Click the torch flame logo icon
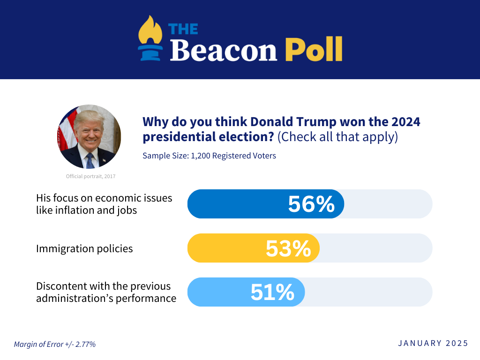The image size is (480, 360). click(150, 37)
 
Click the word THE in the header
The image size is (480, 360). click(183, 29)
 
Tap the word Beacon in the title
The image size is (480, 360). click(224, 50)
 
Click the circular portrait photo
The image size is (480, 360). click(89, 136)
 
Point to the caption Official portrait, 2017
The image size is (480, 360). click(90, 176)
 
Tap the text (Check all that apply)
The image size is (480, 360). click(337, 137)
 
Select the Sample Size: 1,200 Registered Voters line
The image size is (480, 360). click(209, 156)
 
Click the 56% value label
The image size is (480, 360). click(311, 204)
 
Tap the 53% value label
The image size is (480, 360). click(288, 248)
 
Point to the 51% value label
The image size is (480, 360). click(272, 292)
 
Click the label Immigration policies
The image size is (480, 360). click(84, 248)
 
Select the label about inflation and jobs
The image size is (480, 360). click(104, 204)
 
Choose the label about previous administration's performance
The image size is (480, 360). click(106, 292)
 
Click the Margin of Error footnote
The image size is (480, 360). click(55, 344)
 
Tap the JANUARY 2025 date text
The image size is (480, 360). click(433, 343)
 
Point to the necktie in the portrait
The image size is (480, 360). click(90, 161)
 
